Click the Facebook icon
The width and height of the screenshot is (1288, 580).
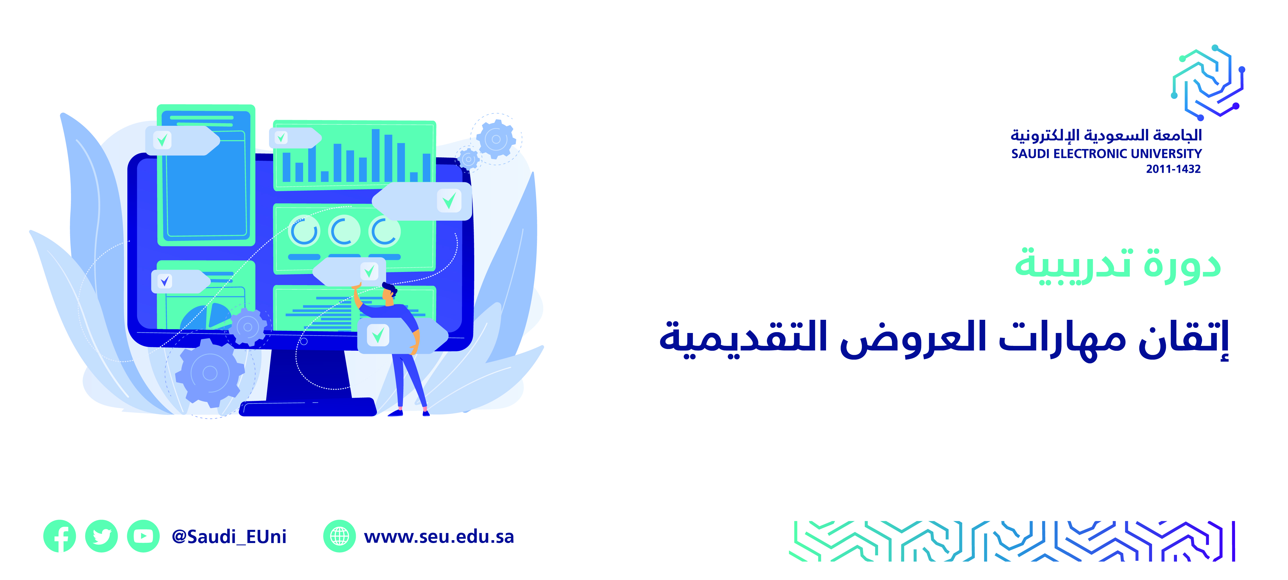(60, 536)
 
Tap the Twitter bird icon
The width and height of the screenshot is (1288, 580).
(102, 536)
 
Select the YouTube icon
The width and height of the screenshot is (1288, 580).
(143, 536)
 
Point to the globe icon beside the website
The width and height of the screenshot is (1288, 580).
(339, 536)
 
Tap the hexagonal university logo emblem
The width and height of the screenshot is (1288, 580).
(1208, 83)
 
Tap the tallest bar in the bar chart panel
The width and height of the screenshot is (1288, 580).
(376, 155)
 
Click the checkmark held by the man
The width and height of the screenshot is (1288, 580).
(378, 334)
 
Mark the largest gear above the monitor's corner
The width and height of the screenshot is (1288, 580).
(496, 139)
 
